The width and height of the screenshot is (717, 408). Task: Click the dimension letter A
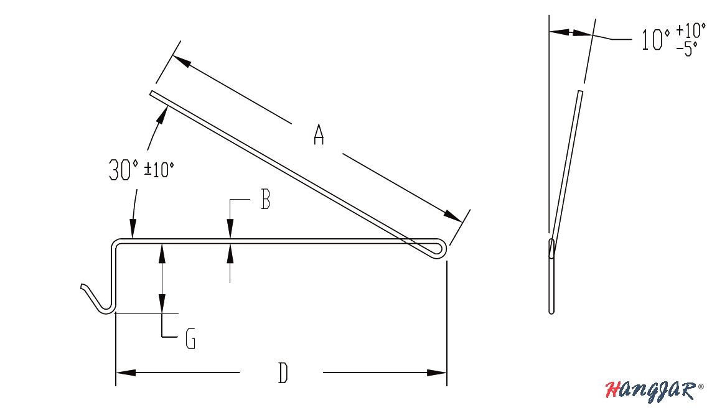(319, 134)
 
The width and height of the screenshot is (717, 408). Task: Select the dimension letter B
(265, 200)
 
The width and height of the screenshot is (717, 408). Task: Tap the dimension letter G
(190, 340)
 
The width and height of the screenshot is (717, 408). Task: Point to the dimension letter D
(283, 373)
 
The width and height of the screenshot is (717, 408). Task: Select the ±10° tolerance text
(159, 170)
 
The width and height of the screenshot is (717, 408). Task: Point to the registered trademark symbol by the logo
(701, 386)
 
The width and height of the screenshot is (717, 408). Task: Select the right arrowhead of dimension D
(437, 373)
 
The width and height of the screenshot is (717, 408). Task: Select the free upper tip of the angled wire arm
(152, 94)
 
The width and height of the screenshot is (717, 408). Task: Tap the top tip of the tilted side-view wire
(580, 93)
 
